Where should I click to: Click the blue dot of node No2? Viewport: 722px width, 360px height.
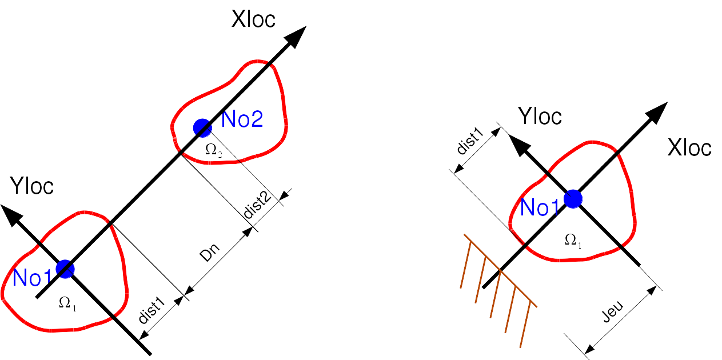201,127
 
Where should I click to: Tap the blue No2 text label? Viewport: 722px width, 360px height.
242,119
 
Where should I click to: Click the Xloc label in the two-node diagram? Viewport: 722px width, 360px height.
253,19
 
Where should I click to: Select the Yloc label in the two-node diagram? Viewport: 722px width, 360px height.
32,186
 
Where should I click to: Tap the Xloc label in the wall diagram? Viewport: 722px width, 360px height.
689,148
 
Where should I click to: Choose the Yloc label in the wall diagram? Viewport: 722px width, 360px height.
540,117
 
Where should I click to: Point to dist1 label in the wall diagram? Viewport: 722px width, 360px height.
470,142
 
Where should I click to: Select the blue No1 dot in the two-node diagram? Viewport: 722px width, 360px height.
65,268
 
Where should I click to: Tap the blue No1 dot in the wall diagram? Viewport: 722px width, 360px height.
573,198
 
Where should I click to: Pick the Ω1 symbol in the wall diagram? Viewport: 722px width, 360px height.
573,241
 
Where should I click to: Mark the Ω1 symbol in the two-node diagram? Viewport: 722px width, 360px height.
67,303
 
